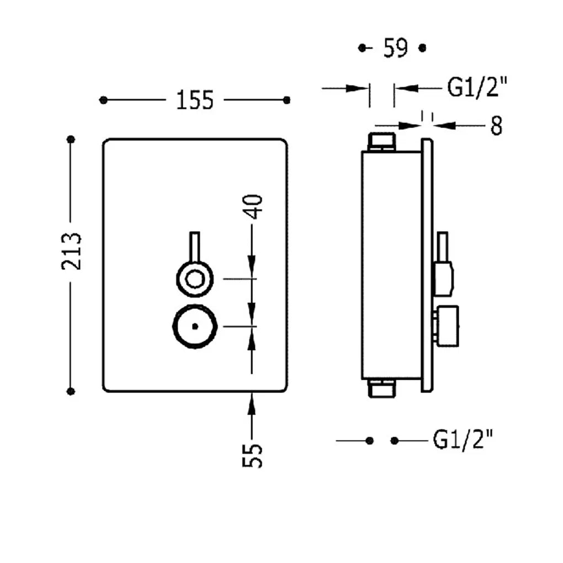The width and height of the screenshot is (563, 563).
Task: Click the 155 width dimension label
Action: (195, 100)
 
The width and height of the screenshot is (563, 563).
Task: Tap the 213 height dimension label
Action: (71, 251)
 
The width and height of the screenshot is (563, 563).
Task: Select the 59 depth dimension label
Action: (396, 48)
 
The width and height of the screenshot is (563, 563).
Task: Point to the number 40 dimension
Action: (253, 207)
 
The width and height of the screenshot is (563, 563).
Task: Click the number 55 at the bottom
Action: (253, 455)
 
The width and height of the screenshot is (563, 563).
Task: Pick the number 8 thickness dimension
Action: (496, 126)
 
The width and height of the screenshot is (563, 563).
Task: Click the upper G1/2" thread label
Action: (477, 87)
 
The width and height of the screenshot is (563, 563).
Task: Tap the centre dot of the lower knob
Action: (195, 326)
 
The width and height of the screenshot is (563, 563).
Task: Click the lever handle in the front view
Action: (195, 248)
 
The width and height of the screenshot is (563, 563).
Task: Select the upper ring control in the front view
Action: (195, 279)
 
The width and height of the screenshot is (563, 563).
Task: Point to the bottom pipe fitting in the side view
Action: (381, 389)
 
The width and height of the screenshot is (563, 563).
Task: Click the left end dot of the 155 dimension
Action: (103, 100)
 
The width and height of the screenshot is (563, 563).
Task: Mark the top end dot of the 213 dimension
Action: (71, 139)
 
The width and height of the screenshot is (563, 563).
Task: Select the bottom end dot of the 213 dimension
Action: (71, 391)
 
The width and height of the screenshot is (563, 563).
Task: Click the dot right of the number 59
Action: (423, 48)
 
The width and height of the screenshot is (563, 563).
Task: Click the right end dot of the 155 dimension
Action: (286, 100)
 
